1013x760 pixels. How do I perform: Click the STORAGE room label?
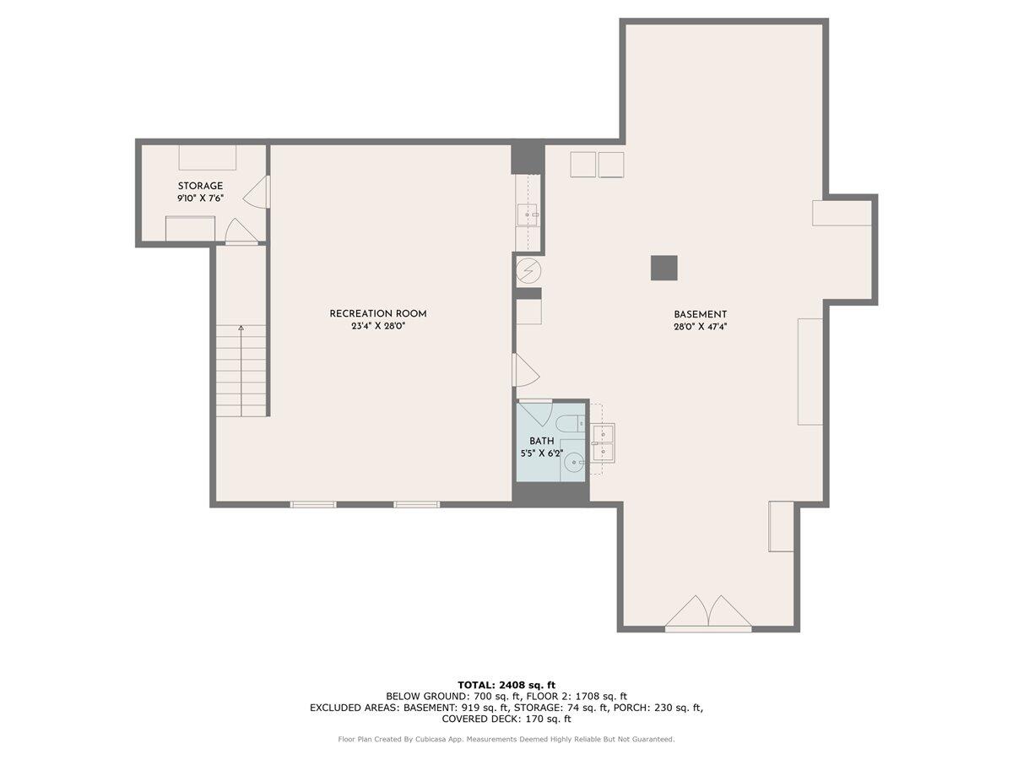[x=200, y=186]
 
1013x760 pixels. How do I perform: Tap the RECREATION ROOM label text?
[x=372, y=313]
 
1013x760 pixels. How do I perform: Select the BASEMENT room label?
[x=700, y=314]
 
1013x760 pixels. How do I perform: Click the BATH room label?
[x=541, y=441]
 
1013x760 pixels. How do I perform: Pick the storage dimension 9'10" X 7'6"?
[x=200, y=198]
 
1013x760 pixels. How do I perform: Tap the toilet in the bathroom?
[x=570, y=423]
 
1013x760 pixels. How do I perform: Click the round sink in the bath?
[x=574, y=462]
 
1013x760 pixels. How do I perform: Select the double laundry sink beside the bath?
[x=603, y=442]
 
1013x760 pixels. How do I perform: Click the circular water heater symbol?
[x=528, y=270]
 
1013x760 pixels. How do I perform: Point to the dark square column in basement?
[x=664, y=268]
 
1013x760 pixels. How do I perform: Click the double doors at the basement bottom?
[x=708, y=614]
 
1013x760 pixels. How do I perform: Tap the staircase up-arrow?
[x=241, y=328]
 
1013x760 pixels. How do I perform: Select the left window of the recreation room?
[x=313, y=504]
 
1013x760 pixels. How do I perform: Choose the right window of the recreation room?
[x=417, y=504]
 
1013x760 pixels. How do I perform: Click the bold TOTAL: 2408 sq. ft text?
[x=506, y=685]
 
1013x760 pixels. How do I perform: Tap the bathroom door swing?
[x=534, y=413]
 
